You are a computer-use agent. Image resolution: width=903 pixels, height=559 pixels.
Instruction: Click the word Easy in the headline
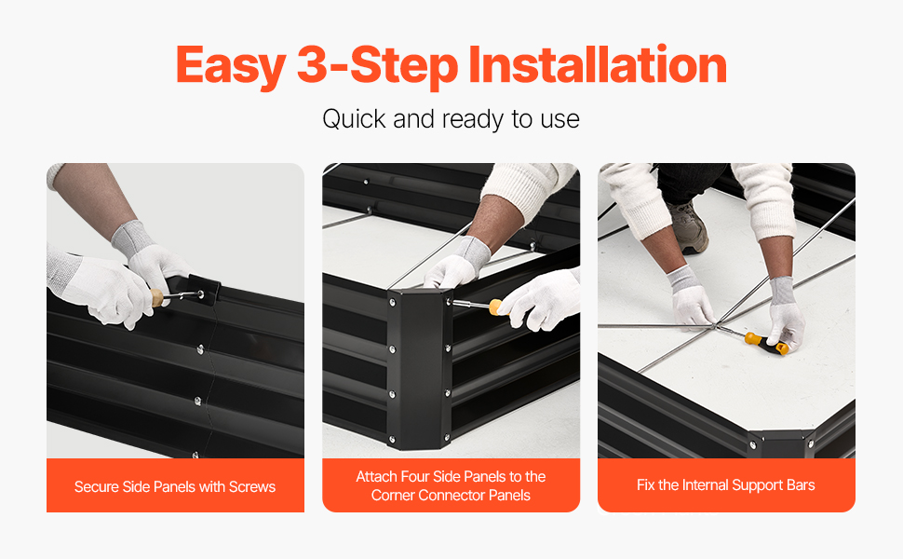click(x=230, y=66)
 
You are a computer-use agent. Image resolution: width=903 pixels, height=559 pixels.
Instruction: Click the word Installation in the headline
click(x=598, y=64)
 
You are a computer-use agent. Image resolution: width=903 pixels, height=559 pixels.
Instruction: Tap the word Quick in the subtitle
click(x=354, y=119)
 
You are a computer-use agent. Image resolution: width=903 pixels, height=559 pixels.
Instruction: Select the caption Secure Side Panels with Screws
click(x=175, y=487)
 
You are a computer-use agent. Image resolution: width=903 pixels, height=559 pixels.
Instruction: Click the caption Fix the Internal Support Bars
click(x=725, y=485)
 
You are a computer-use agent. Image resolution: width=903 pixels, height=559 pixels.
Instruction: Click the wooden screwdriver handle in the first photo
click(x=157, y=298)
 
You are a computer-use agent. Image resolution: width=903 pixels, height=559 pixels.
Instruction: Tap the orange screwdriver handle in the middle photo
click(x=494, y=307)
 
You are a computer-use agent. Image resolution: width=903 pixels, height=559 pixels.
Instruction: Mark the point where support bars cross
click(x=715, y=327)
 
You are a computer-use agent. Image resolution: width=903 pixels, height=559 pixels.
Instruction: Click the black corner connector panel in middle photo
click(x=419, y=367)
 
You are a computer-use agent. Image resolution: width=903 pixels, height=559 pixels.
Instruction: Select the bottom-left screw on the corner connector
click(x=393, y=439)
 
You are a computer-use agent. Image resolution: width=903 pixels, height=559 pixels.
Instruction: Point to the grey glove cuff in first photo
click(x=131, y=238)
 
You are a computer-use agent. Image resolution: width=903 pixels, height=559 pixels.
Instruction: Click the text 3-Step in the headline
click(x=377, y=66)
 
